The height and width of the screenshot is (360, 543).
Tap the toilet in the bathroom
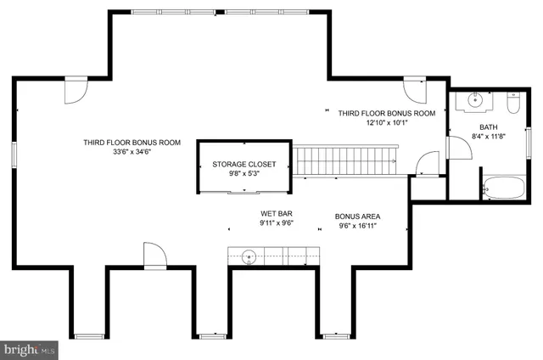[512, 105]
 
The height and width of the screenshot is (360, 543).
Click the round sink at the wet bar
[249, 254]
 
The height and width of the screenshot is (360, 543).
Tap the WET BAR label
[276, 215]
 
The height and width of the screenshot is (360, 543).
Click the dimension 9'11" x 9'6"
[276, 226]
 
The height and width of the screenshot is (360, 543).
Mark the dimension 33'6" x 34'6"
[132, 153]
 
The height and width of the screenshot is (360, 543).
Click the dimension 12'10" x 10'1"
[386, 123]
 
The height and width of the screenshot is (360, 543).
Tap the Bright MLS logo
[30, 349]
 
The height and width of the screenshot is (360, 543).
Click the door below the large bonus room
[153, 255]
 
